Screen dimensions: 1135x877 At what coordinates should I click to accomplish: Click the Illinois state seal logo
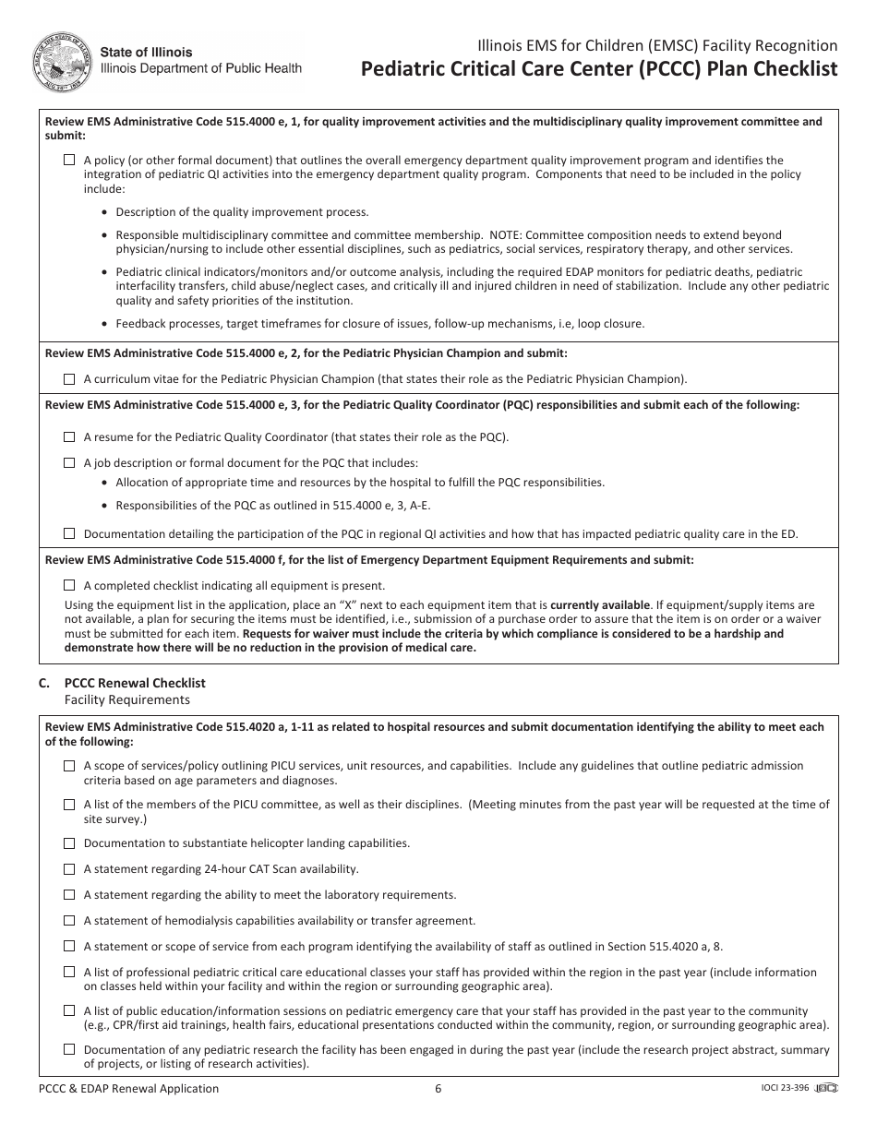point(62,61)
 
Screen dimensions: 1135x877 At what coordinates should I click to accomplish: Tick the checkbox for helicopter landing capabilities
point(69,843)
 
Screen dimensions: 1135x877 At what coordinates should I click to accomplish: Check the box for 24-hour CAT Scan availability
point(69,869)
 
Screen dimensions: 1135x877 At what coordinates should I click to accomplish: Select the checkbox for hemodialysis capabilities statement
point(69,921)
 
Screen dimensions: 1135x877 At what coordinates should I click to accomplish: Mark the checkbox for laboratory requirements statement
point(69,895)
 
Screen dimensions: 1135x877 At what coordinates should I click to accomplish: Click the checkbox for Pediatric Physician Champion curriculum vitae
point(69,379)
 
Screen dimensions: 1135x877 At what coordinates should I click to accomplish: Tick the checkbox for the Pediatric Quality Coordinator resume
point(69,437)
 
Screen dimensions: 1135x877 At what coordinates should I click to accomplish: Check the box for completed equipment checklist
point(69,585)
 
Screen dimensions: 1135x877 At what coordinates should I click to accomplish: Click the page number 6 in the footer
point(438,1089)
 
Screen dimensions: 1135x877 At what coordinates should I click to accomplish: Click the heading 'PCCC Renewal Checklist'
point(135,683)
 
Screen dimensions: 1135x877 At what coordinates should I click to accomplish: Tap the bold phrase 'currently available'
point(599,605)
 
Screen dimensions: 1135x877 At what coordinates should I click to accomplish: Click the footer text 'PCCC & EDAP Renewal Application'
point(129,1089)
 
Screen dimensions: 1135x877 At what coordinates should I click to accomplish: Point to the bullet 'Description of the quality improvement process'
point(242,212)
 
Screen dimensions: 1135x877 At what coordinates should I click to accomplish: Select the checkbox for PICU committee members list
point(69,805)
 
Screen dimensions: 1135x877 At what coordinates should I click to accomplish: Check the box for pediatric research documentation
point(69,1050)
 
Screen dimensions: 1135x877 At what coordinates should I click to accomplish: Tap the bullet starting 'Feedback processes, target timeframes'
point(379,324)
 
